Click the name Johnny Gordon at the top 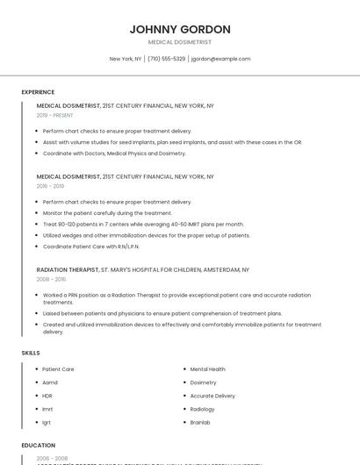coord(180,29)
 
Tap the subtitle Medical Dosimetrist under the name coord(180,42)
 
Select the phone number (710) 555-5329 coord(167,59)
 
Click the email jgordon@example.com coord(221,59)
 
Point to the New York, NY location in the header coord(126,59)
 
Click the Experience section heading coord(38,92)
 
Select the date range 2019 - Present coord(54,115)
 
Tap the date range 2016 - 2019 coord(50,186)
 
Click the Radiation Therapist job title coord(68,270)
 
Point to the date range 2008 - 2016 coord(51,280)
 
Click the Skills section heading coord(31,353)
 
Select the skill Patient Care coord(58,369)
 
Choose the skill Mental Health coord(207,369)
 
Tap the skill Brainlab coord(200,422)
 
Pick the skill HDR coord(47,396)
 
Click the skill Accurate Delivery coord(212,396)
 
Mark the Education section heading coord(39,446)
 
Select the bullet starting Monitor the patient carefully coord(107,213)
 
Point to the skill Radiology coord(202,409)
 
